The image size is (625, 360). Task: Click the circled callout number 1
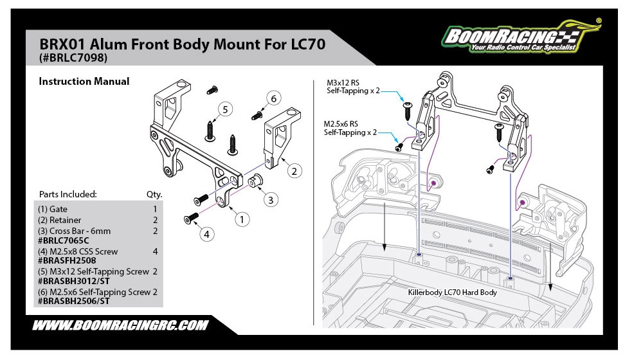(x=242, y=219)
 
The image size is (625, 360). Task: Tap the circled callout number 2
(x=293, y=171)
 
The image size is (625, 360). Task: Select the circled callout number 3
(x=271, y=199)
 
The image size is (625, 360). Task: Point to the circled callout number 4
(x=206, y=235)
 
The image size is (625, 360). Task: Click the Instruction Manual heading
(x=84, y=82)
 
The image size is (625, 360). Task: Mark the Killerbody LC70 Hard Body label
(x=453, y=292)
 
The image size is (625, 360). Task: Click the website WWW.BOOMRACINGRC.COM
(x=120, y=325)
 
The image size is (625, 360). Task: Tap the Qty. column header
(x=154, y=194)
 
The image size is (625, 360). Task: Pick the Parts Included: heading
(x=68, y=194)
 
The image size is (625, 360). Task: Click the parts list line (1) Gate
(x=53, y=209)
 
